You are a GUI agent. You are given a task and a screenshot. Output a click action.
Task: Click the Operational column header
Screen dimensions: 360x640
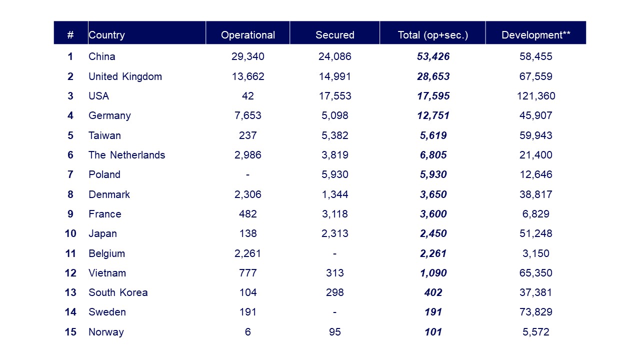pos(248,35)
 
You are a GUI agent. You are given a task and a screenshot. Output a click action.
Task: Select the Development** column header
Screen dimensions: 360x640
pos(536,35)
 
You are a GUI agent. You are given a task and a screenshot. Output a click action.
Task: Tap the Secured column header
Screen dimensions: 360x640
pos(335,35)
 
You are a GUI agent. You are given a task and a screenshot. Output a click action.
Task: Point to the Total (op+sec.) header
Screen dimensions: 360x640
pos(433,35)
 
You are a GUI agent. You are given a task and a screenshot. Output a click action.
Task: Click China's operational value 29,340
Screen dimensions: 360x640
pos(248,56)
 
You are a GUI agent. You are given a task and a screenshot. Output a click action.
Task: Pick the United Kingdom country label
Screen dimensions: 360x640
pos(125,76)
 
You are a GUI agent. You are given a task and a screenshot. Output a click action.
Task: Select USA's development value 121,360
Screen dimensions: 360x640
pos(536,96)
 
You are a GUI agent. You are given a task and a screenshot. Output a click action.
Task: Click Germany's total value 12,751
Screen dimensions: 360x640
pos(433,115)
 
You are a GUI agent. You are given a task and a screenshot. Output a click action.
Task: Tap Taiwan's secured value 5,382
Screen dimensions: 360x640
pos(335,135)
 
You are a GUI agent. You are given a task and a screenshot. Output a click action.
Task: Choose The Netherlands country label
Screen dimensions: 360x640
pos(126,155)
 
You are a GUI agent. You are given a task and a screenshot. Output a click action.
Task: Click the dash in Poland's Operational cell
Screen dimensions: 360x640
pos(248,174)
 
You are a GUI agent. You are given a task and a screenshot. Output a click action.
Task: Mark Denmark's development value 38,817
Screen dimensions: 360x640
pos(536,194)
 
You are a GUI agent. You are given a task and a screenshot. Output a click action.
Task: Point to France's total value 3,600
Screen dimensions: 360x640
pos(433,214)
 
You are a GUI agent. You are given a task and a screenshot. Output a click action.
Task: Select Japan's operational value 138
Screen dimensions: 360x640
pos(248,233)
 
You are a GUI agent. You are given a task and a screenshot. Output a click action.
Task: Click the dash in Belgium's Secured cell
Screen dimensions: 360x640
pos(335,253)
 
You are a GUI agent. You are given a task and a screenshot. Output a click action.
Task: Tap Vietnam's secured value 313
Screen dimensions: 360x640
pos(335,273)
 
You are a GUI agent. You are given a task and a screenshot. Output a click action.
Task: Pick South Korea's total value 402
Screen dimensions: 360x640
pos(433,292)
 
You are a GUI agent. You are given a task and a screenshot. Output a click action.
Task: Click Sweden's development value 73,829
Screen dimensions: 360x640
pos(536,312)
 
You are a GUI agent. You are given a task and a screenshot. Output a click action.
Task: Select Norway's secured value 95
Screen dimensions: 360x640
pos(335,332)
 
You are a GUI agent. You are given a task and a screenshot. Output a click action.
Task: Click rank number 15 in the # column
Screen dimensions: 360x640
pos(70,332)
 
